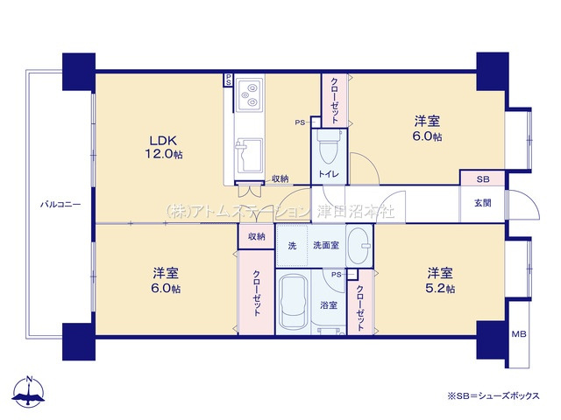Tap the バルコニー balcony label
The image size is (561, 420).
60,205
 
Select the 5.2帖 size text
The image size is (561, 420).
441,289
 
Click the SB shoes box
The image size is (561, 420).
482,178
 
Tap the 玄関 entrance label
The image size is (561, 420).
483,203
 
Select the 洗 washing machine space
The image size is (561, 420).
292,245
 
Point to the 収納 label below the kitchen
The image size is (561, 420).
280,179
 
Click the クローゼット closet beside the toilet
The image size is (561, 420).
335,101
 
